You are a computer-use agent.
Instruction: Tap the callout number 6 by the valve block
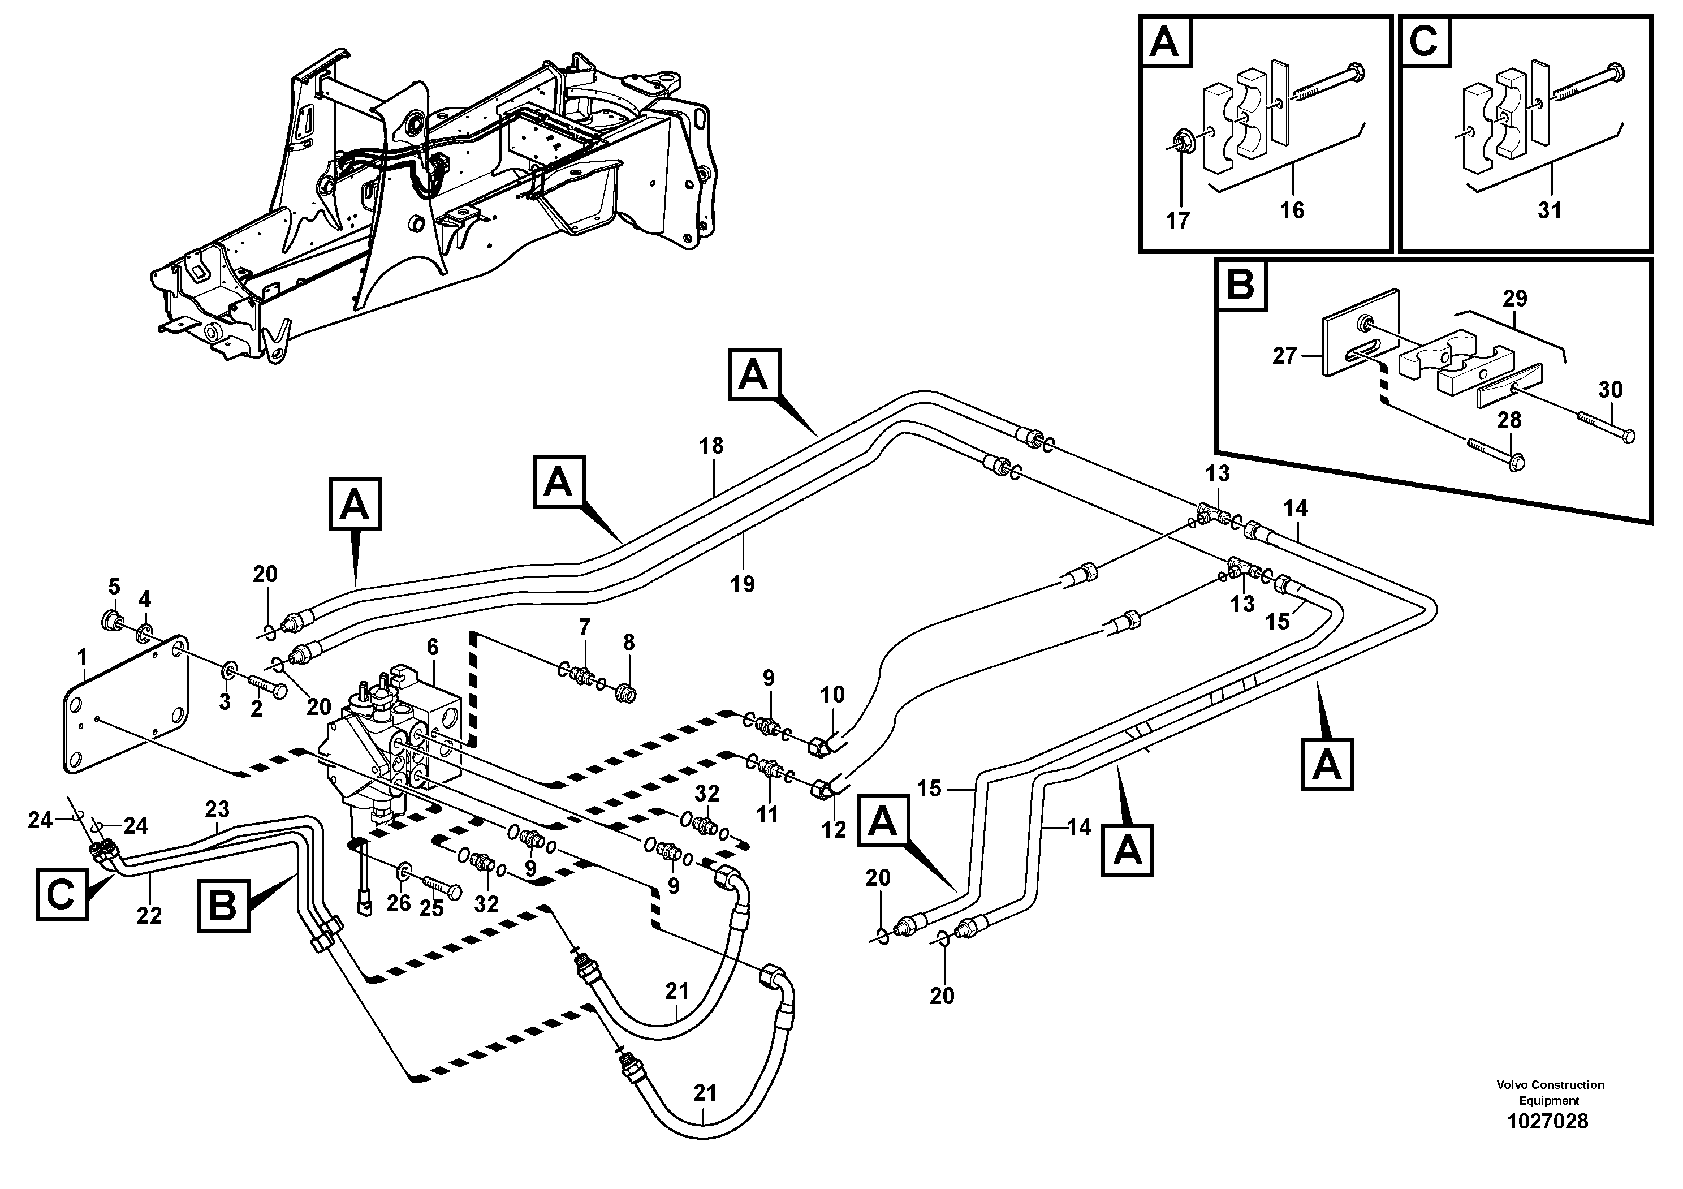tap(433, 647)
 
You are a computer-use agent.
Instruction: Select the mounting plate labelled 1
tap(124, 704)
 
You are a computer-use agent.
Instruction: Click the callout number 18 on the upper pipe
tap(711, 446)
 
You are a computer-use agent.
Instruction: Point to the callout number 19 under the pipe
tap(743, 584)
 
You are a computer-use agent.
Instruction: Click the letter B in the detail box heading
tap(1240, 285)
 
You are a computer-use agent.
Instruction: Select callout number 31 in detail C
tap(1550, 210)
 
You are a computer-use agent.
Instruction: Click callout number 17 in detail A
tap(1177, 220)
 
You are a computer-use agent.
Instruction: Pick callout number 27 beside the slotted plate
tap(1284, 356)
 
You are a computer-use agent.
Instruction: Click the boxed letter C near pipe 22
tap(62, 894)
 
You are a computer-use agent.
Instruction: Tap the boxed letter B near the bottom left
tap(223, 906)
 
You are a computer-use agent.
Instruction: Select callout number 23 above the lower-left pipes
tap(217, 809)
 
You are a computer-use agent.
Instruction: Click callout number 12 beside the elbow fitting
tap(834, 829)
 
